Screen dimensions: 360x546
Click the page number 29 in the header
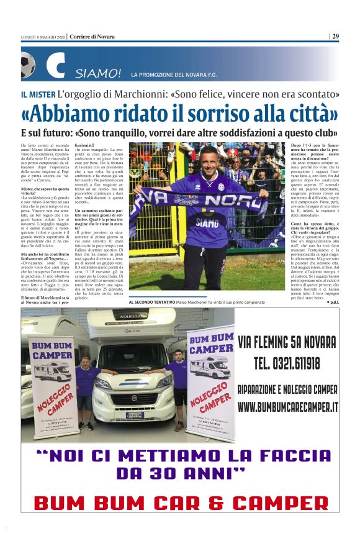point(335,37)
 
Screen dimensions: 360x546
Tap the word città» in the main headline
point(308,114)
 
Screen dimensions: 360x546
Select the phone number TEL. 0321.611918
point(287,363)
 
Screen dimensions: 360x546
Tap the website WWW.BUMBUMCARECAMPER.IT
point(288,407)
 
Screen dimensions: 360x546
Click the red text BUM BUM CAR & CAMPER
point(179,501)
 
